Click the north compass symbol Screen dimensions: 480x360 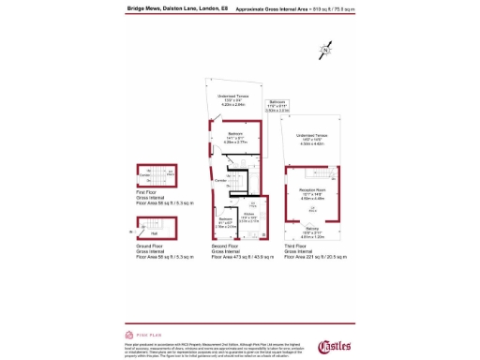click(325, 49)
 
